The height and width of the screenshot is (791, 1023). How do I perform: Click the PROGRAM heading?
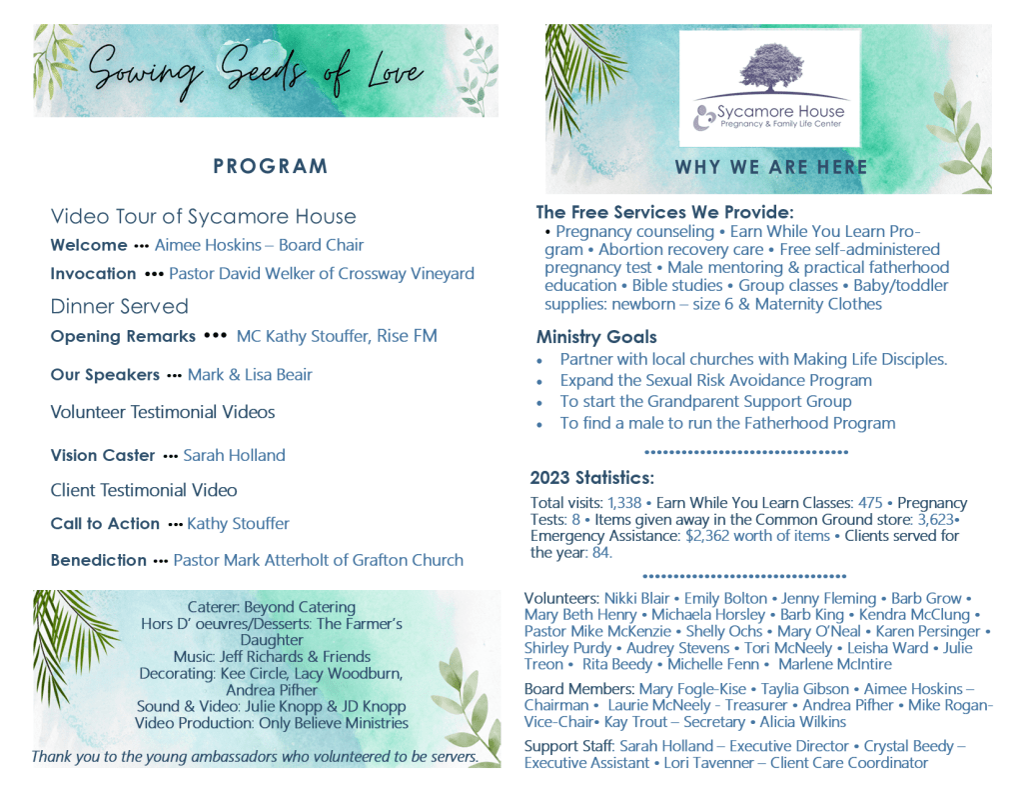point(270,166)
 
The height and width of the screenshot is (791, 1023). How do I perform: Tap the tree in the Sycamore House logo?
point(770,68)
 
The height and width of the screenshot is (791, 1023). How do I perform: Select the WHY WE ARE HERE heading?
point(771,167)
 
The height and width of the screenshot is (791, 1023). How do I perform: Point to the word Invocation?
point(93,273)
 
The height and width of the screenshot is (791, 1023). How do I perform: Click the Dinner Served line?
point(119,306)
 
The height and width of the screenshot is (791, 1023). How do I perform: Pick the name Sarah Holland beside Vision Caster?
point(234,455)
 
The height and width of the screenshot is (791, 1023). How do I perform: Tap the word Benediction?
point(98,560)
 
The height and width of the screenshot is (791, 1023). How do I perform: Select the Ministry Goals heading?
point(596,337)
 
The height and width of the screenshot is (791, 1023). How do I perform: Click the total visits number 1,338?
point(624,503)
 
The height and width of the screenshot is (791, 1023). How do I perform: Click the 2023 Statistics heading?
point(591,477)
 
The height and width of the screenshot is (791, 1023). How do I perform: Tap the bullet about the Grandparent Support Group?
point(705,401)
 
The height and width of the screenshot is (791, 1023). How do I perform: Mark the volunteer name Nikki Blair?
point(636,598)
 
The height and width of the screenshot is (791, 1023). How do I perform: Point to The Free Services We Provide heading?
point(664,212)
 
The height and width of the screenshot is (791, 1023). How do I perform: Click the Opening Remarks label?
point(123,336)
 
